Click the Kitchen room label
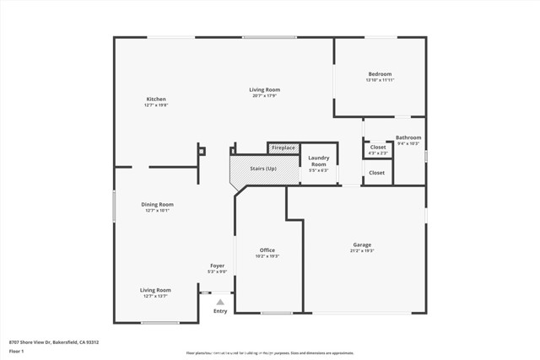click(155, 99)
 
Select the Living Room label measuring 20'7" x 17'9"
click(264, 90)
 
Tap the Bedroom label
click(379, 74)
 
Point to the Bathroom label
click(408, 137)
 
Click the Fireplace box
click(283, 148)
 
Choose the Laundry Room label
click(318, 161)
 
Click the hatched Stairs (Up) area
click(263, 169)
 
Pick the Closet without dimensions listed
click(376, 173)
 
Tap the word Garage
click(361, 245)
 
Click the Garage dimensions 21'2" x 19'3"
click(361, 251)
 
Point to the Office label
click(267, 250)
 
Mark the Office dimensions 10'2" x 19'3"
click(267, 256)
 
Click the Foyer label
click(218, 266)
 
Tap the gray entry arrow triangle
click(220, 301)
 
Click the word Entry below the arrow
click(220, 311)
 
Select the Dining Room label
click(157, 204)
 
